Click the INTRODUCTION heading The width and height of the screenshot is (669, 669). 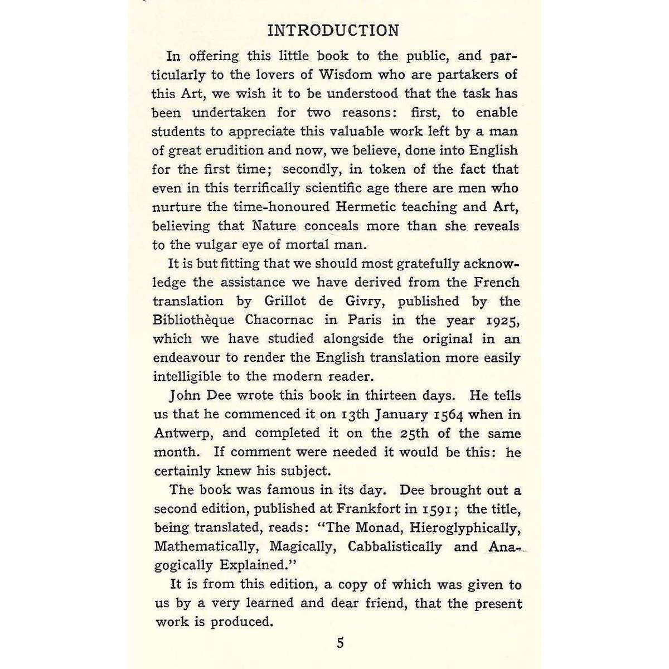click(x=333, y=30)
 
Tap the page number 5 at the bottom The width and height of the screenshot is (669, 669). click(x=340, y=643)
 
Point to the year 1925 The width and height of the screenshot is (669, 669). click(x=500, y=321)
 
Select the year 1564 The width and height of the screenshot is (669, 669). click(x=450, y=415)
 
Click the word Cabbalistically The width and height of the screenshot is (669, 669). click(x=394, y=547)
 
